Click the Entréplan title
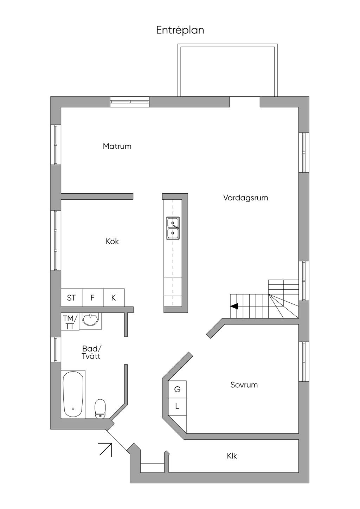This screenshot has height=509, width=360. [180, 30]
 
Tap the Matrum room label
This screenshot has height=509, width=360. [117, 146]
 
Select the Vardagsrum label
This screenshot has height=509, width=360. [245, 198]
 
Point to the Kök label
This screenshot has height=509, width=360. [112, 241]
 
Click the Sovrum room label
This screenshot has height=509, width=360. [244, 385]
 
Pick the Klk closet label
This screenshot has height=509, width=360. [232, 456]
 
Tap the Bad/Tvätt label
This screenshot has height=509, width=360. [91, 352]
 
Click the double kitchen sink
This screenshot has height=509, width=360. [173, 228]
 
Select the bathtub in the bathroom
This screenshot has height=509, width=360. [73, 394]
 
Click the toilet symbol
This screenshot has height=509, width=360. [101, 409]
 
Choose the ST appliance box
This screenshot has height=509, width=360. [71, 298]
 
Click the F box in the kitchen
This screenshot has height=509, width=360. [92, 298]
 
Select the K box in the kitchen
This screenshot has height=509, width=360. [114, 298]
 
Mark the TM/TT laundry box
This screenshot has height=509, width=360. [70, 322]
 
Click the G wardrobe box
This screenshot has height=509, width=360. [177, 389]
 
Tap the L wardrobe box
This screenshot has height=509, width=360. [177, 406]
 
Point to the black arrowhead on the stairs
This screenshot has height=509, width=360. [234, 306]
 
